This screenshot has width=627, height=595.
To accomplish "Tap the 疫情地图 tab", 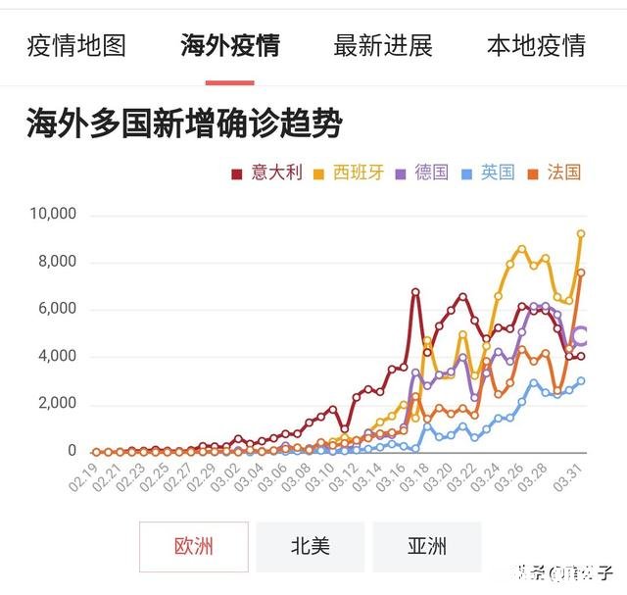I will pyautogui.click(x=76, y=45).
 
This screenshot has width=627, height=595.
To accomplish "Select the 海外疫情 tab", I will pyautogui.click(x=230, y=45).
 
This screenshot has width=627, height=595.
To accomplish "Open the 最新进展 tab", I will pyautogui.click(x=383, y=45).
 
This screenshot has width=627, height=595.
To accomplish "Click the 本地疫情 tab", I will pyautogui.click(x=536, y=45).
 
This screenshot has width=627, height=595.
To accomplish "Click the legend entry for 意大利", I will pyautogui.click(x=267, y=173).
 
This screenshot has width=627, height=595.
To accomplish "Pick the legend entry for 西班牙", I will pyautogui.click(x=349, y=173).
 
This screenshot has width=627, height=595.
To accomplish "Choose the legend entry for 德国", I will pyautogui.click(x=422, y=173).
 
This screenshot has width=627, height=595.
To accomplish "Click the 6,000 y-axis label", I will pyautogui.click(x=58, y=309).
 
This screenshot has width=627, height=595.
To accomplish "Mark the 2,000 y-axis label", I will pyautogui.click(x=58, y=404).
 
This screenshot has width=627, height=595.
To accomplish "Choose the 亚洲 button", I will pyautogui.click(x=427, y=546).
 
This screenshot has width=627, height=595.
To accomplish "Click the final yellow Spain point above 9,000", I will pyautogui.click(x=581, y=233).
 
